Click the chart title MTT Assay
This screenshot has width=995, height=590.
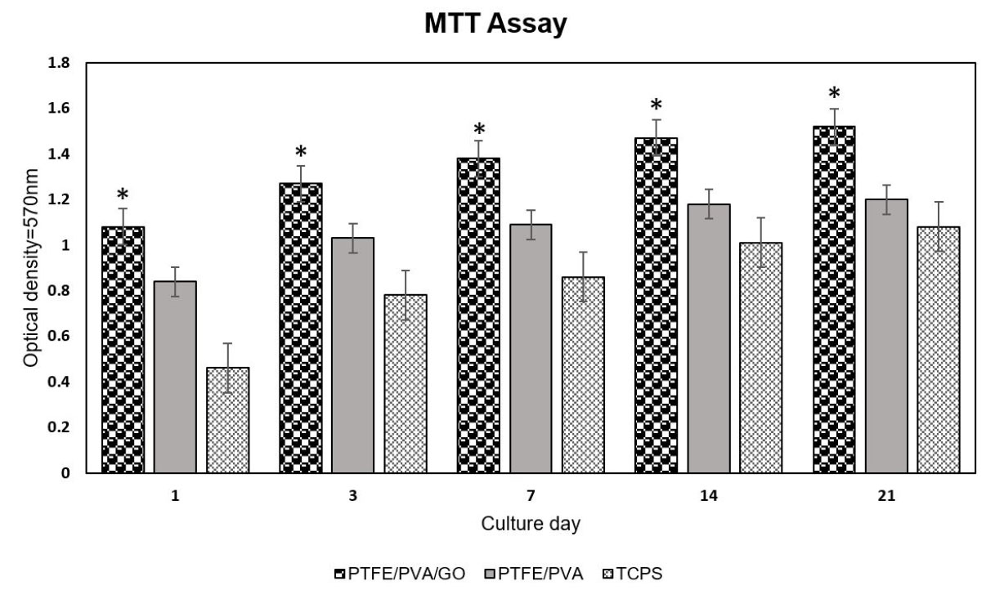tap(495, 25)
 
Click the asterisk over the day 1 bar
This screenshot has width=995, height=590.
tap(123, 195)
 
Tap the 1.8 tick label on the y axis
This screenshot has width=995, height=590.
tap(61, 63)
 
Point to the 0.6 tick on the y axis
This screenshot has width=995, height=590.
tap(61, 336)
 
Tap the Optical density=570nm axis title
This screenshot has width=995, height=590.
tap(31, 267)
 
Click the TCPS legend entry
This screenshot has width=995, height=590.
tap(634, 574)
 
